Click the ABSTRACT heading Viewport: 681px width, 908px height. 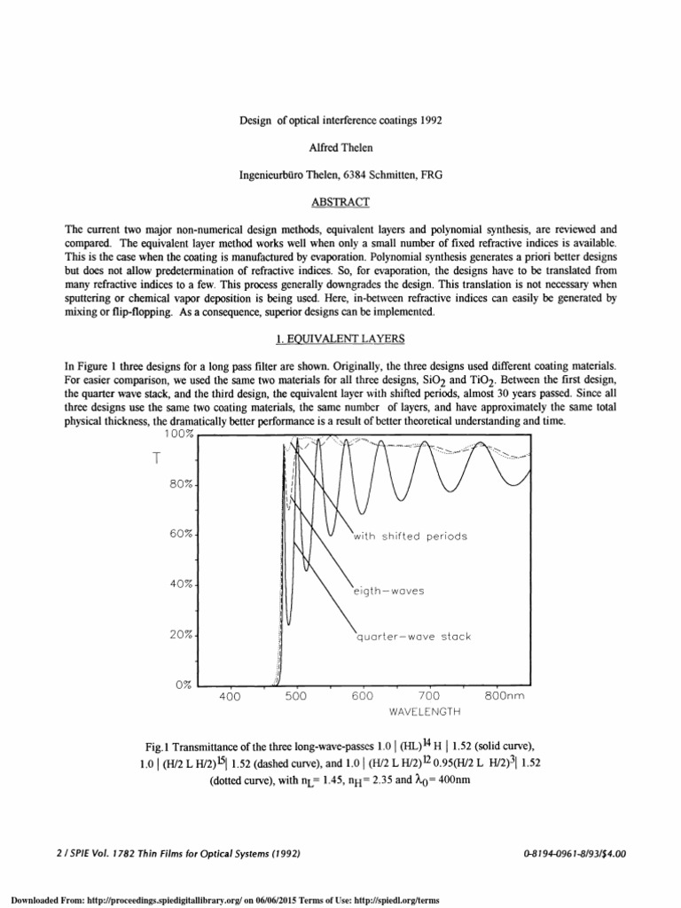coord(340,203)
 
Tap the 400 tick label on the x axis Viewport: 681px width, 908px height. coord(230,697)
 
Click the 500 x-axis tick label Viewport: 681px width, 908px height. coord(296,697)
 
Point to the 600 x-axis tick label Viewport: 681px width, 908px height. coord(362,697)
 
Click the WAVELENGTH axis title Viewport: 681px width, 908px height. coord(426,711)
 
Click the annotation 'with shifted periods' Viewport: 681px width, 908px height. coord(410,536)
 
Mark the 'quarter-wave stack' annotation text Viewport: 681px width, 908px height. coord(413,637)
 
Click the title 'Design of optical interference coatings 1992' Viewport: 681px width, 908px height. coord(340,121)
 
